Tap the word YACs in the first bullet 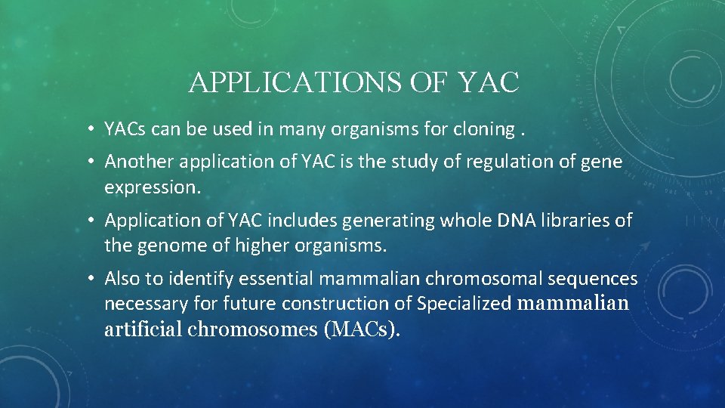[x=125, y=129]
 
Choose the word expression [x=152, y=187]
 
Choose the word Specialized [x=464, y=304]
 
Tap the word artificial [x=144, y=329]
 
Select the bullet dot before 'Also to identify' [x=90, y=279]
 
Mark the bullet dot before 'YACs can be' [x=90, y=129]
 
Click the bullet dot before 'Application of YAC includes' [x=90, y=220]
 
